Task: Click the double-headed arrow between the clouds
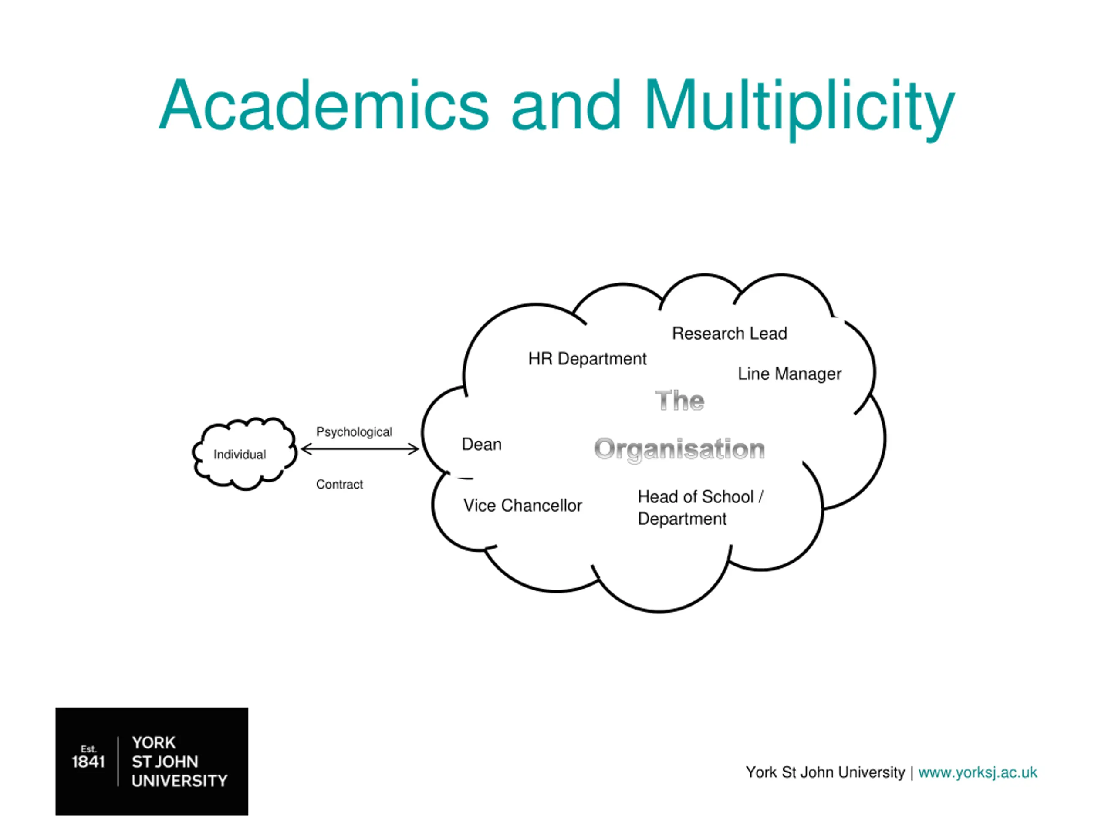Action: tap(360, 449)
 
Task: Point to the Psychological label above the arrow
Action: tap(354, 432)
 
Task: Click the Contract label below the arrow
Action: tap(339, 484)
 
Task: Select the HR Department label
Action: tap(587, 359)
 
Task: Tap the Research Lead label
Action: tap(730, 333)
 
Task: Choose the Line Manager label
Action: tap(789, 374)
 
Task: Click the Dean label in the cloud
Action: tap(481, 445)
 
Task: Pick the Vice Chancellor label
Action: tap(523, 506)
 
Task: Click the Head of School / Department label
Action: tap(701, 507)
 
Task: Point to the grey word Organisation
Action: tap(679, 449)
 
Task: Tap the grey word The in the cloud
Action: tap(679, 401)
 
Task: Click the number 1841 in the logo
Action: tap(88, 762)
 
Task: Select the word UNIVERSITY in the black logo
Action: tap(179, 781)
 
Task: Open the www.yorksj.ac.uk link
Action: tap(977, 772)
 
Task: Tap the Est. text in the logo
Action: tap(88, 749)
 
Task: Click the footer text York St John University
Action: tap(825, 772)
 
